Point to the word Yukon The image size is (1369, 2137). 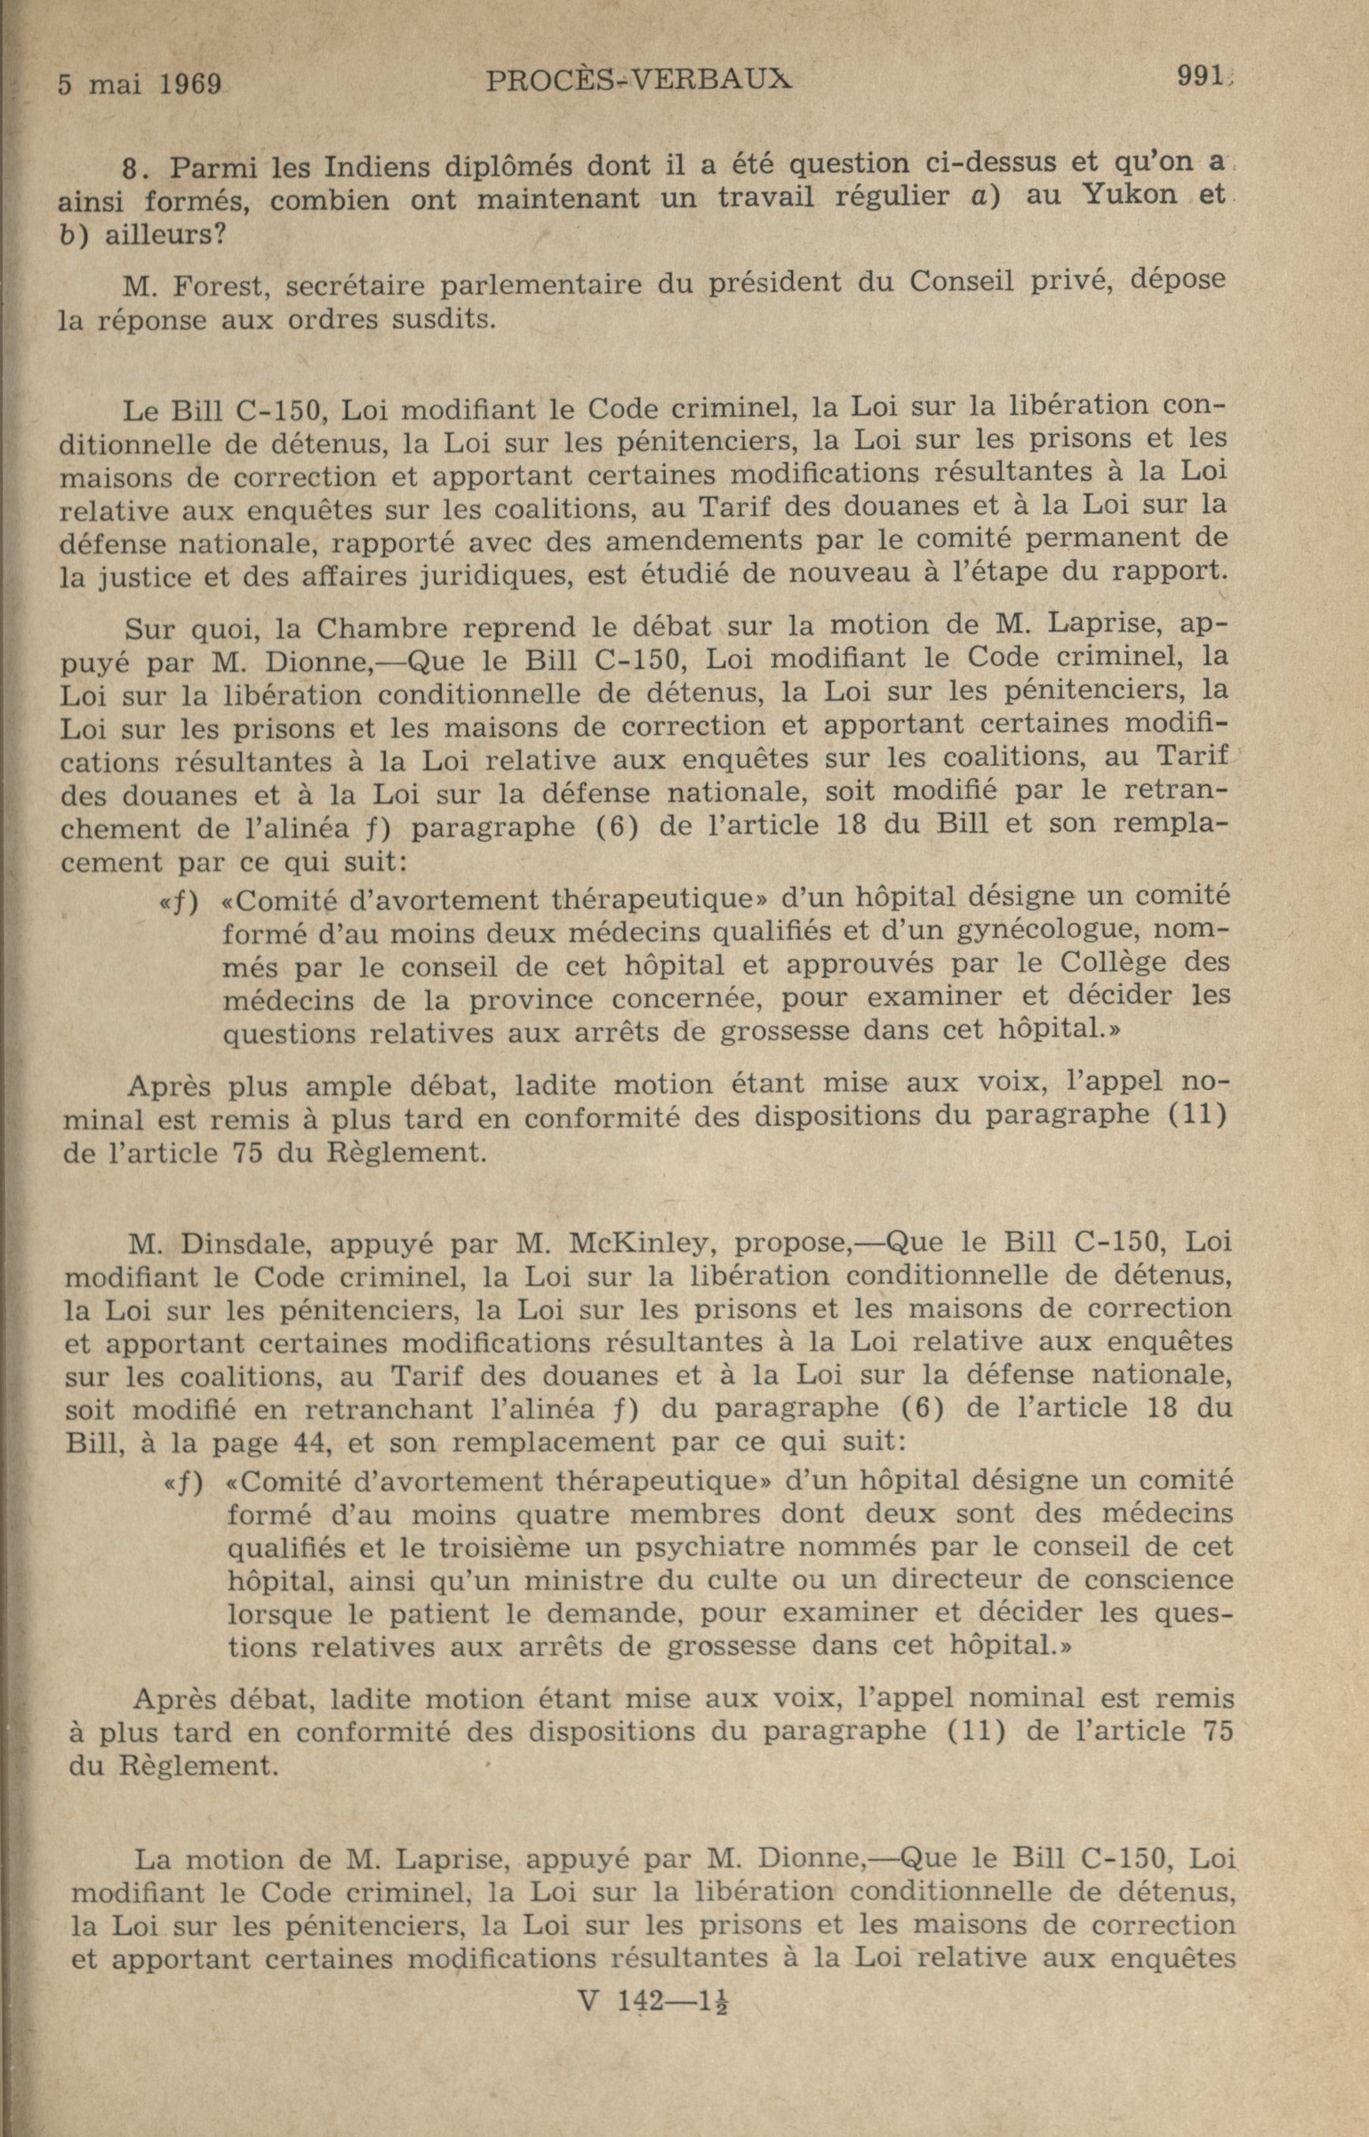click(1097, 196)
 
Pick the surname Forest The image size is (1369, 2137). click(212, 287)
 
